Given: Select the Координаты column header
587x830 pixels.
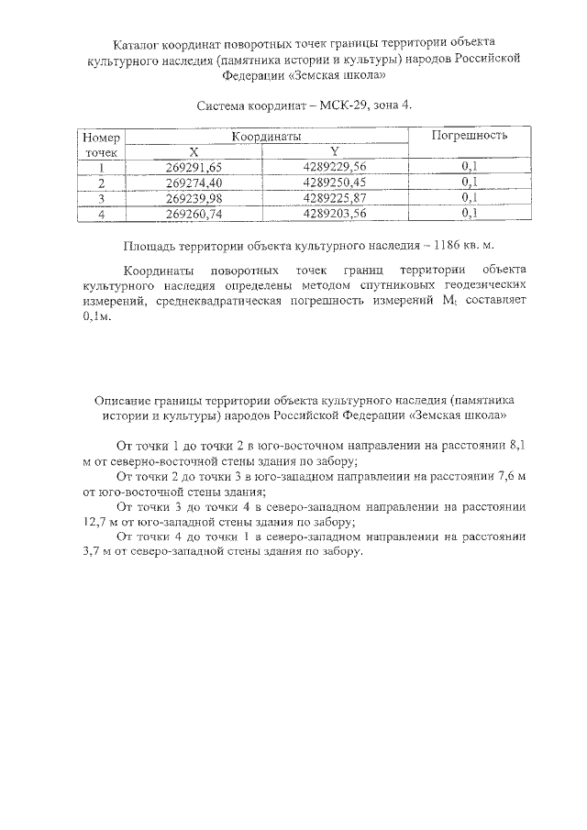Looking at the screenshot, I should click(267, 136).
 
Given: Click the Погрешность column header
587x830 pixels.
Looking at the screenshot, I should click(470, 136).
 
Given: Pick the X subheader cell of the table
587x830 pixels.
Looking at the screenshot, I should click(194, 151).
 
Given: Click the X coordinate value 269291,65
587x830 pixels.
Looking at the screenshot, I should click(194, 167).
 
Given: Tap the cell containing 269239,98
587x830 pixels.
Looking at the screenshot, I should click(194, 198).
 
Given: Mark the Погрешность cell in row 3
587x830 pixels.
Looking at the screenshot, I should click(471, 198).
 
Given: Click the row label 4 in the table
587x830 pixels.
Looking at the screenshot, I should click(102, 214).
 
